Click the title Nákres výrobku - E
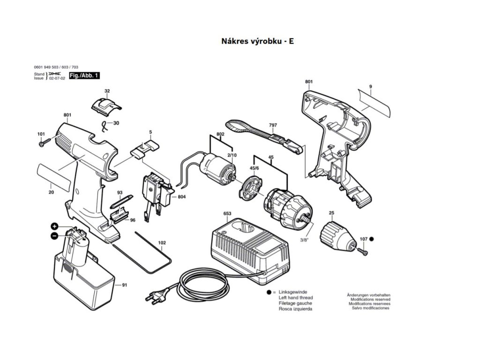pyautogui.click(x=257, y=41)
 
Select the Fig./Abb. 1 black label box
pyautogui.click(x=84, y=75)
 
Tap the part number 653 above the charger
pyautogui.click(x=227, y=214)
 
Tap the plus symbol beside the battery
pyautogui.click(x=54, y=226)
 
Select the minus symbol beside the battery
pyautogui.click(x=54, y=235)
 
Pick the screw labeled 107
pyautogui.click(x=362, y=251)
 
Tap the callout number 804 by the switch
pyautogui.click(x=181, y=197)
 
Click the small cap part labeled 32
pyautogui.click(x=106, y=106)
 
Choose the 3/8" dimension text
pyautogui.click(x=304, y=240)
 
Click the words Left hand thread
pyautogui.click(x=295, y=298)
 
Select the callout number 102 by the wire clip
pyautogui.click(x=162, y=243)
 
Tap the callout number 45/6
pyautogui.click(x=254, y=168)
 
